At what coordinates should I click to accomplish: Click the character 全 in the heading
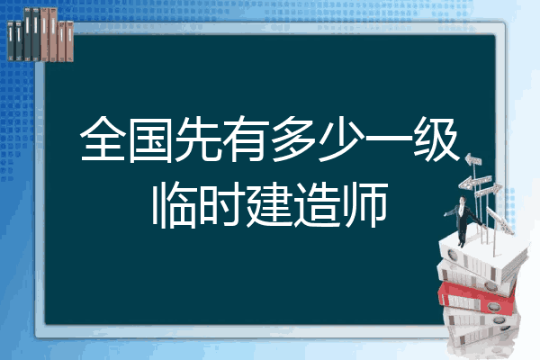(103, 139)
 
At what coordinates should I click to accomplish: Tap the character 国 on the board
(150, 139)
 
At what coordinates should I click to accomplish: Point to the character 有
(246, 139)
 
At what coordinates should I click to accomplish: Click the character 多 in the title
(293, 139)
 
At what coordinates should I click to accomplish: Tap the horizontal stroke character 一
(389, 139)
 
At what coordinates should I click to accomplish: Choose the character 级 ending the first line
(436, 139)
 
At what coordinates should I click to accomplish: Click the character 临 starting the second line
(175, 205)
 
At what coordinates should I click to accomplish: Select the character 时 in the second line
(222, 205)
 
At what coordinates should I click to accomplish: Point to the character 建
(270, 206)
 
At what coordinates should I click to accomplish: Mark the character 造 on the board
(317, 206)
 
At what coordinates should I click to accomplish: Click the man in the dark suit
(463, 220)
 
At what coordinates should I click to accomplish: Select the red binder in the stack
(476, 298)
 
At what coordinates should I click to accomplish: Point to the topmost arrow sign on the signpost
(473, 160)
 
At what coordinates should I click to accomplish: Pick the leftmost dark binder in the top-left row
(11, 40)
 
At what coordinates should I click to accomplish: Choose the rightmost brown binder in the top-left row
(69, 41)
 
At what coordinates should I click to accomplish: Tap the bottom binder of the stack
(482, 336)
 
